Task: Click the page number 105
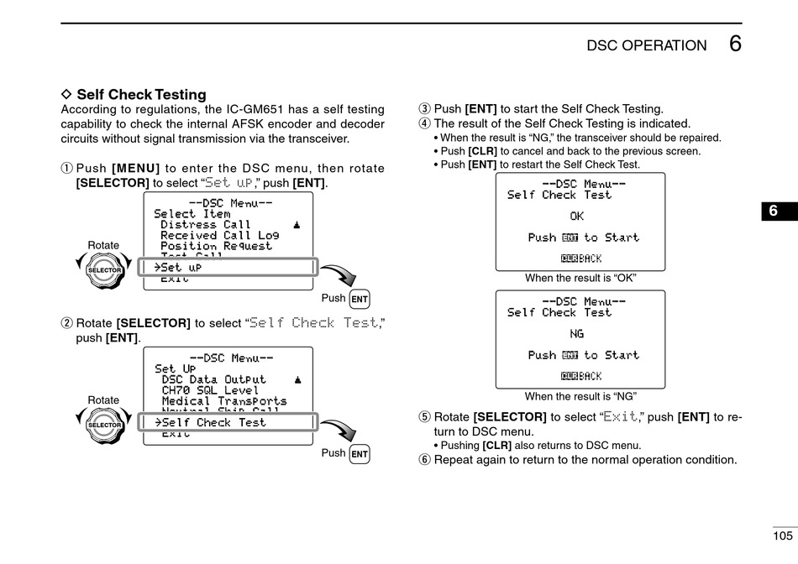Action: tap(782, 535)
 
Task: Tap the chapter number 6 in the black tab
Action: tap(773, 211)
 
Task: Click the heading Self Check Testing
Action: tap(141, 95)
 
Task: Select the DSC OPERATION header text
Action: tap(647, 46)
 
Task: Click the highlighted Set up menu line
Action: tap(229, 268)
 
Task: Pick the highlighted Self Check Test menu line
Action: tap(229, 422)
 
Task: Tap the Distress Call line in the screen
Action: tap(206, 225)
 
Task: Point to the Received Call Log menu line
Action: tap(219, 236)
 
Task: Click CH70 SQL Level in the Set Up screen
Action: tap(210, 390)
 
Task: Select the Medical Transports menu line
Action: tap(223, 401)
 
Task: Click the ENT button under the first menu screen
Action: tap(360, 299)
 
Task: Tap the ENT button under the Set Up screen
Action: tap(360, 454)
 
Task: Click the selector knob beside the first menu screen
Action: tap(104, 269)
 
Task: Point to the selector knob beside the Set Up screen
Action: tap(104, 425)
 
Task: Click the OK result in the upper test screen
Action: tap(576, 217)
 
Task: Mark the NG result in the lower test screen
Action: tap(576, 334)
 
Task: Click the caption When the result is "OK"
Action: tap(580, 278)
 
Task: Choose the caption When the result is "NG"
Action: tap(580, 396)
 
